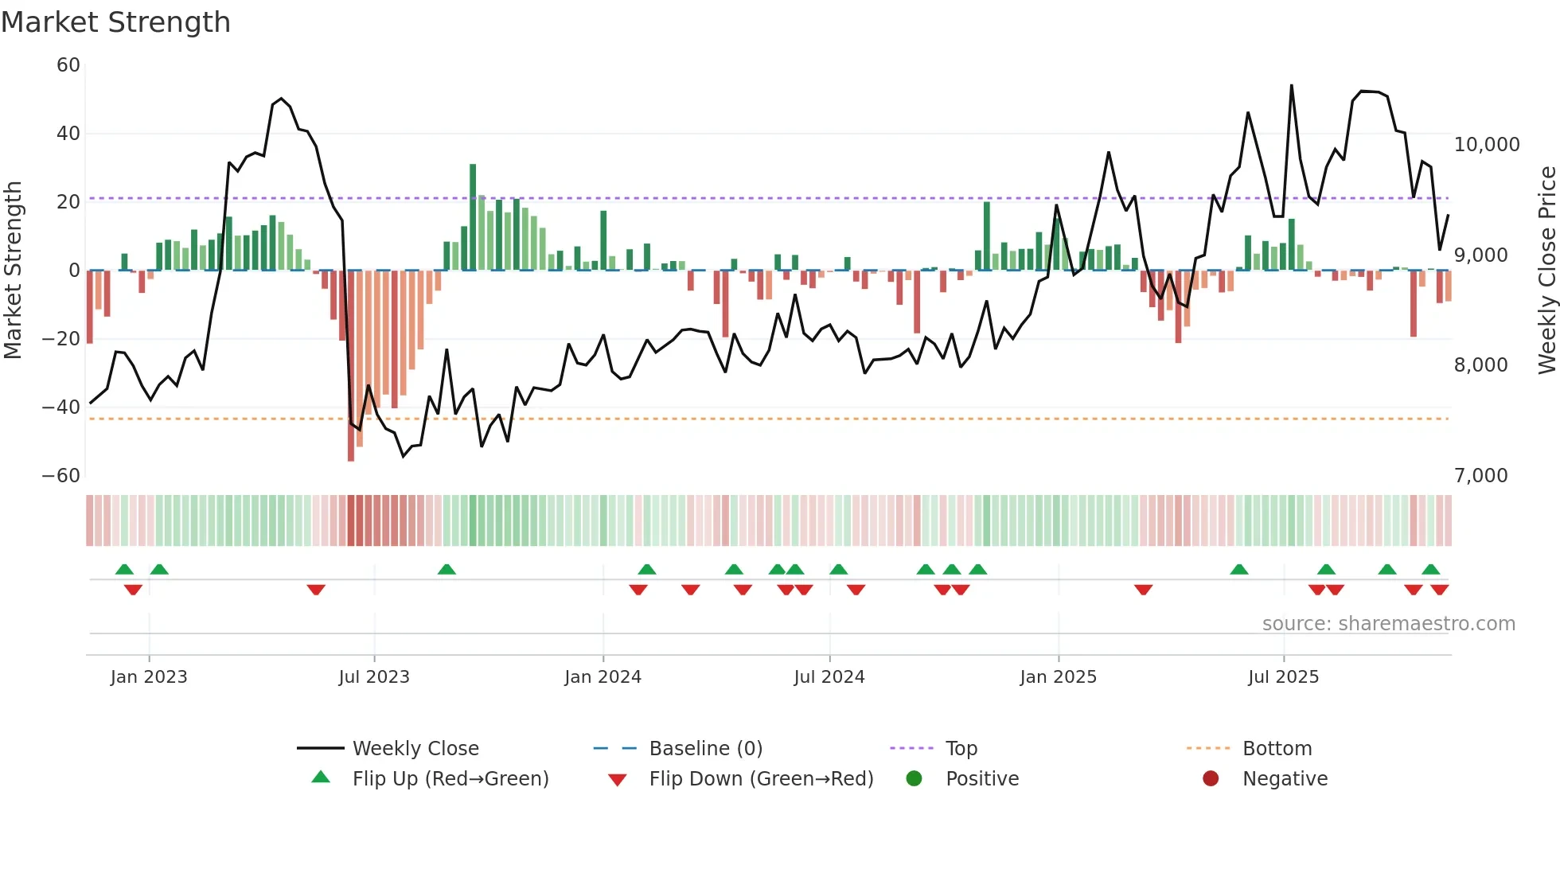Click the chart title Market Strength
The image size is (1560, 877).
[x=115, y=22]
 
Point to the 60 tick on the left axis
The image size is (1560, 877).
[x=68, y=65]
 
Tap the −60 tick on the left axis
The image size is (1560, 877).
[x=61, y=476]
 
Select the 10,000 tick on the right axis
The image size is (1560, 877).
[x=1486, y=145]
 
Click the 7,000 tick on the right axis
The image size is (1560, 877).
[x=1480, y=476]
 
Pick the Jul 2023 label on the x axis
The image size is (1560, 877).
[x=373, y=677]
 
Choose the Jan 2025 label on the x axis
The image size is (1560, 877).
[x=1058, y=677]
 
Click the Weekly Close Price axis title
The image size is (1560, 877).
[x=1546, y=270]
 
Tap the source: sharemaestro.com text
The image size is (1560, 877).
[x=1388, y=624]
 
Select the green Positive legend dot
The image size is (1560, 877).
[x=914, y=779]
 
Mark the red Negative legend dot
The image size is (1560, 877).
[x=1211, y=779]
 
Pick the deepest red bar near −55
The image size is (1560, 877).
[x=351, y=366]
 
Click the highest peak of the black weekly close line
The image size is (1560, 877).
[x=1291, y=85]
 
